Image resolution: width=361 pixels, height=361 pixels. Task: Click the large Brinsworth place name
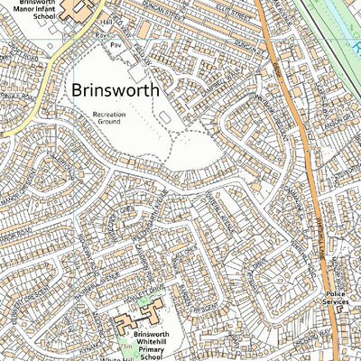pos(115,90)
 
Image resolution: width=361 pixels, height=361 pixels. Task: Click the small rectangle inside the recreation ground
pos(167,119)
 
